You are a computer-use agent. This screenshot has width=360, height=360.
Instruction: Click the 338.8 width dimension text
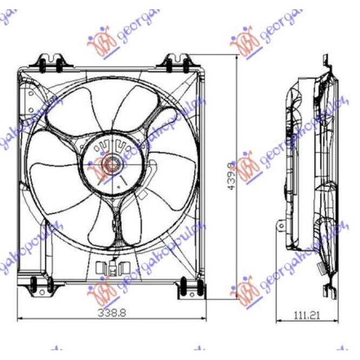pyautogui.click(x=112, y=312)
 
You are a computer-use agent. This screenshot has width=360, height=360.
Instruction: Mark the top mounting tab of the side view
pyautogui.click(x=325, y=61)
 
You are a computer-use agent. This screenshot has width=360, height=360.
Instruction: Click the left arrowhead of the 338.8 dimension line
pyautogui.click(x=21, y=318)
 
